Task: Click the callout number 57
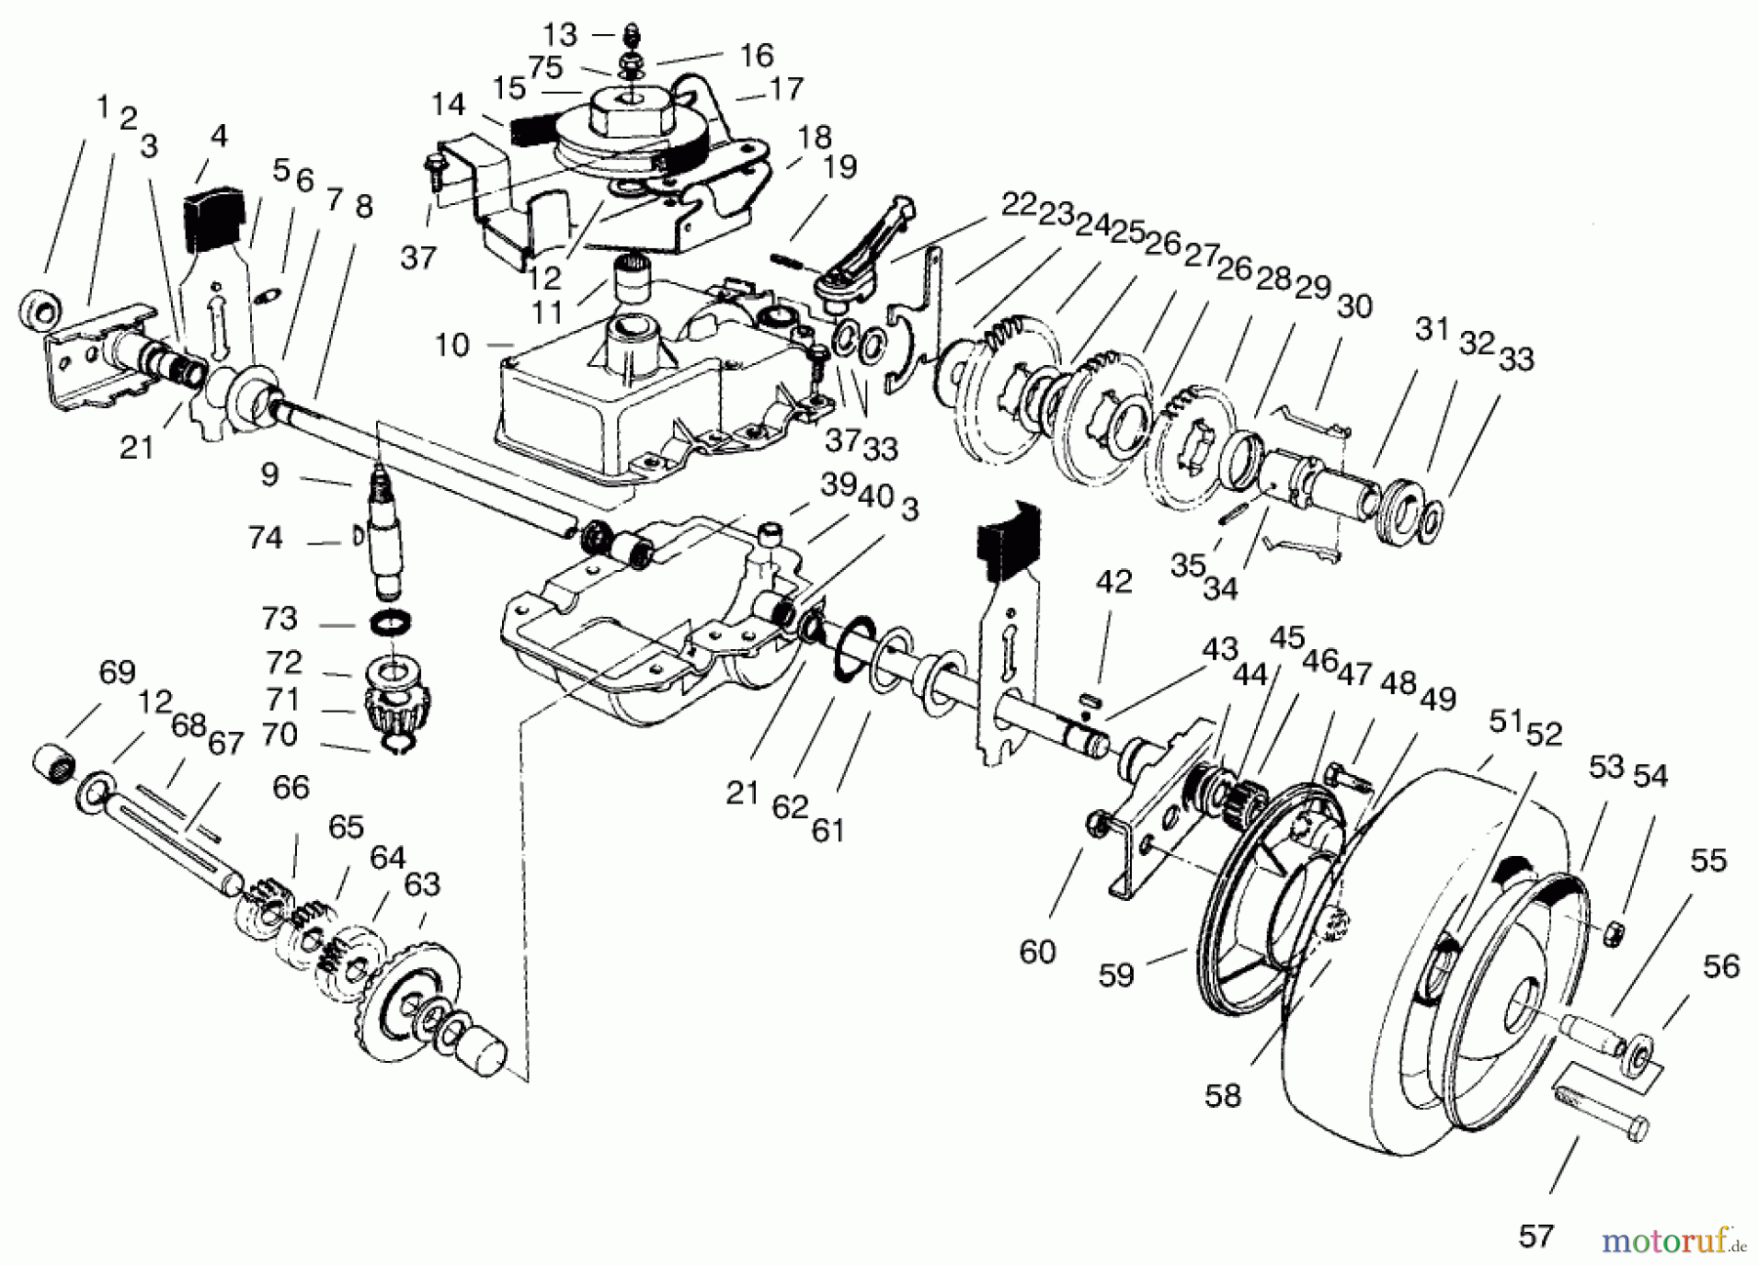click(x=1536, y=1236)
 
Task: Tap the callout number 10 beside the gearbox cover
click(x=452, y=345)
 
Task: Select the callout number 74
click(x=266, y=538)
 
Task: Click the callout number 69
click(x=117, y=673)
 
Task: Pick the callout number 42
click(x=1113, y=582)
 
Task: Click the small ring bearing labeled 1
click(x=40, y=311)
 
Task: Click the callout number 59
click(x=1115, y=974)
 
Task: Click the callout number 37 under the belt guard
click(x=418, y=258)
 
